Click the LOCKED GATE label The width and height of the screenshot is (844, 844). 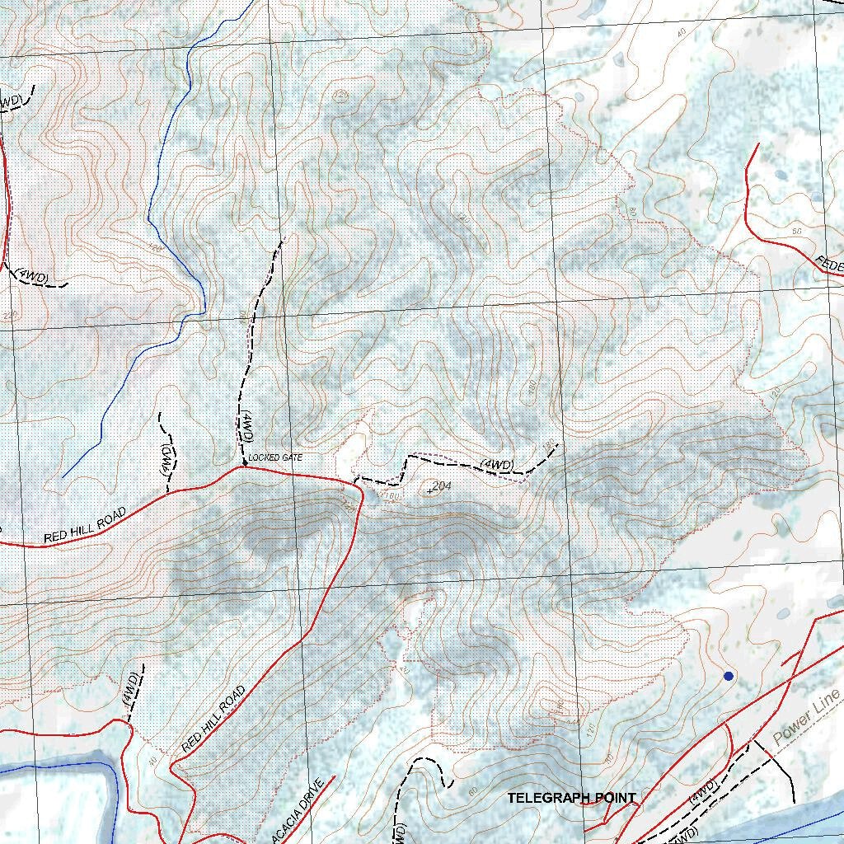[x=275, y=457]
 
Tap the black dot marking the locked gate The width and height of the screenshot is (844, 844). [x=245, y=466]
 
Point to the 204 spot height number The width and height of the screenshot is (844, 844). [x=442, y=485]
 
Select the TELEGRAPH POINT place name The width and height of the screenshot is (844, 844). [x=571, y=798]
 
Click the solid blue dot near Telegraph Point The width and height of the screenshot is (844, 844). [x=728, y=676]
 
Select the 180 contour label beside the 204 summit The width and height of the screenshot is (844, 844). [x=392, y=497]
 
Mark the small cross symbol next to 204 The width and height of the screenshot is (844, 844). [x=429, y=491]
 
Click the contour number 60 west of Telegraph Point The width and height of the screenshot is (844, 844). [x=471, y=792]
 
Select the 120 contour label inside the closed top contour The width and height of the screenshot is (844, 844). [x=340, y=97]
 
